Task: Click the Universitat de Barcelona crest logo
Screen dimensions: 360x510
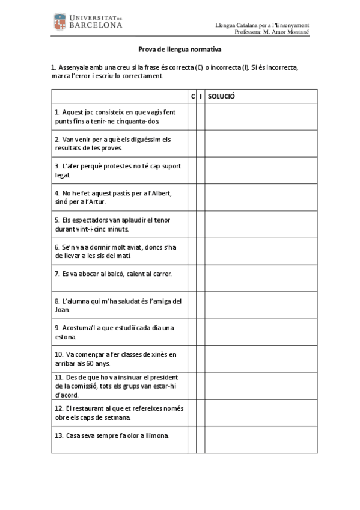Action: [x=61, y=22]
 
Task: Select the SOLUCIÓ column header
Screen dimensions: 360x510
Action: [x=221, y=96]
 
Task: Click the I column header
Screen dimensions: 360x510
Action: [x=201, y=96]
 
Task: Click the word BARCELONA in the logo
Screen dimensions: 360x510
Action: [x=96, y=26]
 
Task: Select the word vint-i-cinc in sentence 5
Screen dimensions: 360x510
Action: [x=92, y=229]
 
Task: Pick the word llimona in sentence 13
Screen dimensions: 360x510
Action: [x=154, y=435]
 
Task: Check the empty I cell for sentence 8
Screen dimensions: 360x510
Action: [x=201, y=305]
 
